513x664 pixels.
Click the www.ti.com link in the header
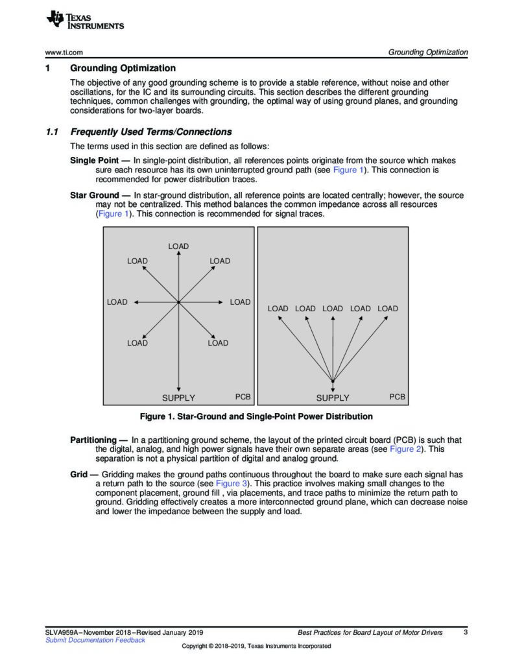(x=64, y=53)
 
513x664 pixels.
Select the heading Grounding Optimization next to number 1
(x=123, y=68)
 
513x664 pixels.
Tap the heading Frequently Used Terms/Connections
(x=150, y=132)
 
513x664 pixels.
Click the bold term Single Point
(x=94, y=160)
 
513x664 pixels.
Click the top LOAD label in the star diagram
(x=178, y=246)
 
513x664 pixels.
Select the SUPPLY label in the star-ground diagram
(x=178, y=397)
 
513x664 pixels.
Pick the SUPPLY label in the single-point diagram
(x=333, y=397)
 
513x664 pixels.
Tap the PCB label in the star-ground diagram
(x=243, y=396)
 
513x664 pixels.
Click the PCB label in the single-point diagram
(x=398, y=396)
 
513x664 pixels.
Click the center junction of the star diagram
(x=178, y=302)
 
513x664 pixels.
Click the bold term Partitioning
(x=97, y=440)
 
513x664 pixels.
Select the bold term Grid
(x=80, y=475)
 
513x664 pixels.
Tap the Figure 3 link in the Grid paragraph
(x=231, y=484)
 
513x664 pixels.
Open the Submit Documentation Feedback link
(x=95, y=640)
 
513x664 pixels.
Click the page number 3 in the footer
(x=466, y=632)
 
